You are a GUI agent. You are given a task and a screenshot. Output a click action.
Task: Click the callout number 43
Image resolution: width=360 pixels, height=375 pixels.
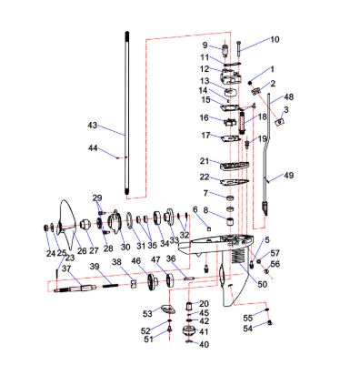(93, 125)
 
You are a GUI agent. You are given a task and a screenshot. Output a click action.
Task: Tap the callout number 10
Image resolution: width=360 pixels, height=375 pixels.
(275, 39)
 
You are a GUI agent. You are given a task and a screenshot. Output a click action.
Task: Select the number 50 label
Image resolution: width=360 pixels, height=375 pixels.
(263, 284)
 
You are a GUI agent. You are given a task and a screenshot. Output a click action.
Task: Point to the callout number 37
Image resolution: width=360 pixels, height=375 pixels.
(66, 269)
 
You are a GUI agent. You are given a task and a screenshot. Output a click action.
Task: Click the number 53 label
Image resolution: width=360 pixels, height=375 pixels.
(147, 313)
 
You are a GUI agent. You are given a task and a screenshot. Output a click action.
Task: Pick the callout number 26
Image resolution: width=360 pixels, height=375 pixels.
(82, 251)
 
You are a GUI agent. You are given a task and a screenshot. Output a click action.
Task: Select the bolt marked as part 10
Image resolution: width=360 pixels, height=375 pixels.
(238, 48)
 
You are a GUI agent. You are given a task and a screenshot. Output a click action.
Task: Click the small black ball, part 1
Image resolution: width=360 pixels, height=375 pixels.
(250, 83)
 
